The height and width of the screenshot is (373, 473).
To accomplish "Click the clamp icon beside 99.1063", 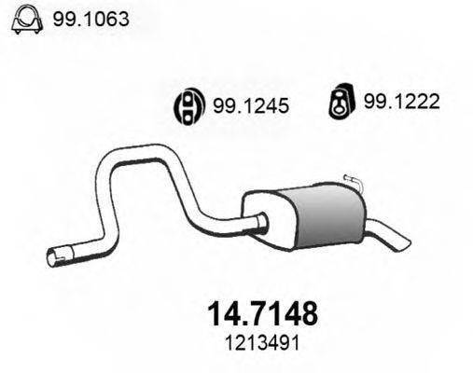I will pos(25,20).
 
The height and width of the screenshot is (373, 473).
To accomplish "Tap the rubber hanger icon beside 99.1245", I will pos(188,108).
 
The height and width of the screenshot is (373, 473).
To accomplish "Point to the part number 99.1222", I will pos(401,105).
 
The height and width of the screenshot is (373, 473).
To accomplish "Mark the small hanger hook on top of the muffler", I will pos(351,180).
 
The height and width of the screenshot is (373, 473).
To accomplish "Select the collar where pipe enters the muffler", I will pos(262,221).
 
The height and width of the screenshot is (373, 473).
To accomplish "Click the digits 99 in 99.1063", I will pos(65,19).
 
